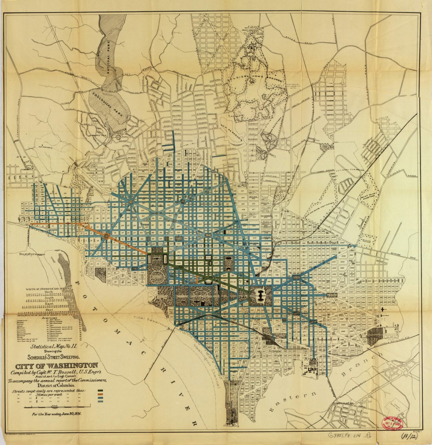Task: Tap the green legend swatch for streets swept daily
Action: click(101, 390)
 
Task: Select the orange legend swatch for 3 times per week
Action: click(101, 394)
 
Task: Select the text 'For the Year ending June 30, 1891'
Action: click(57, 414)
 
